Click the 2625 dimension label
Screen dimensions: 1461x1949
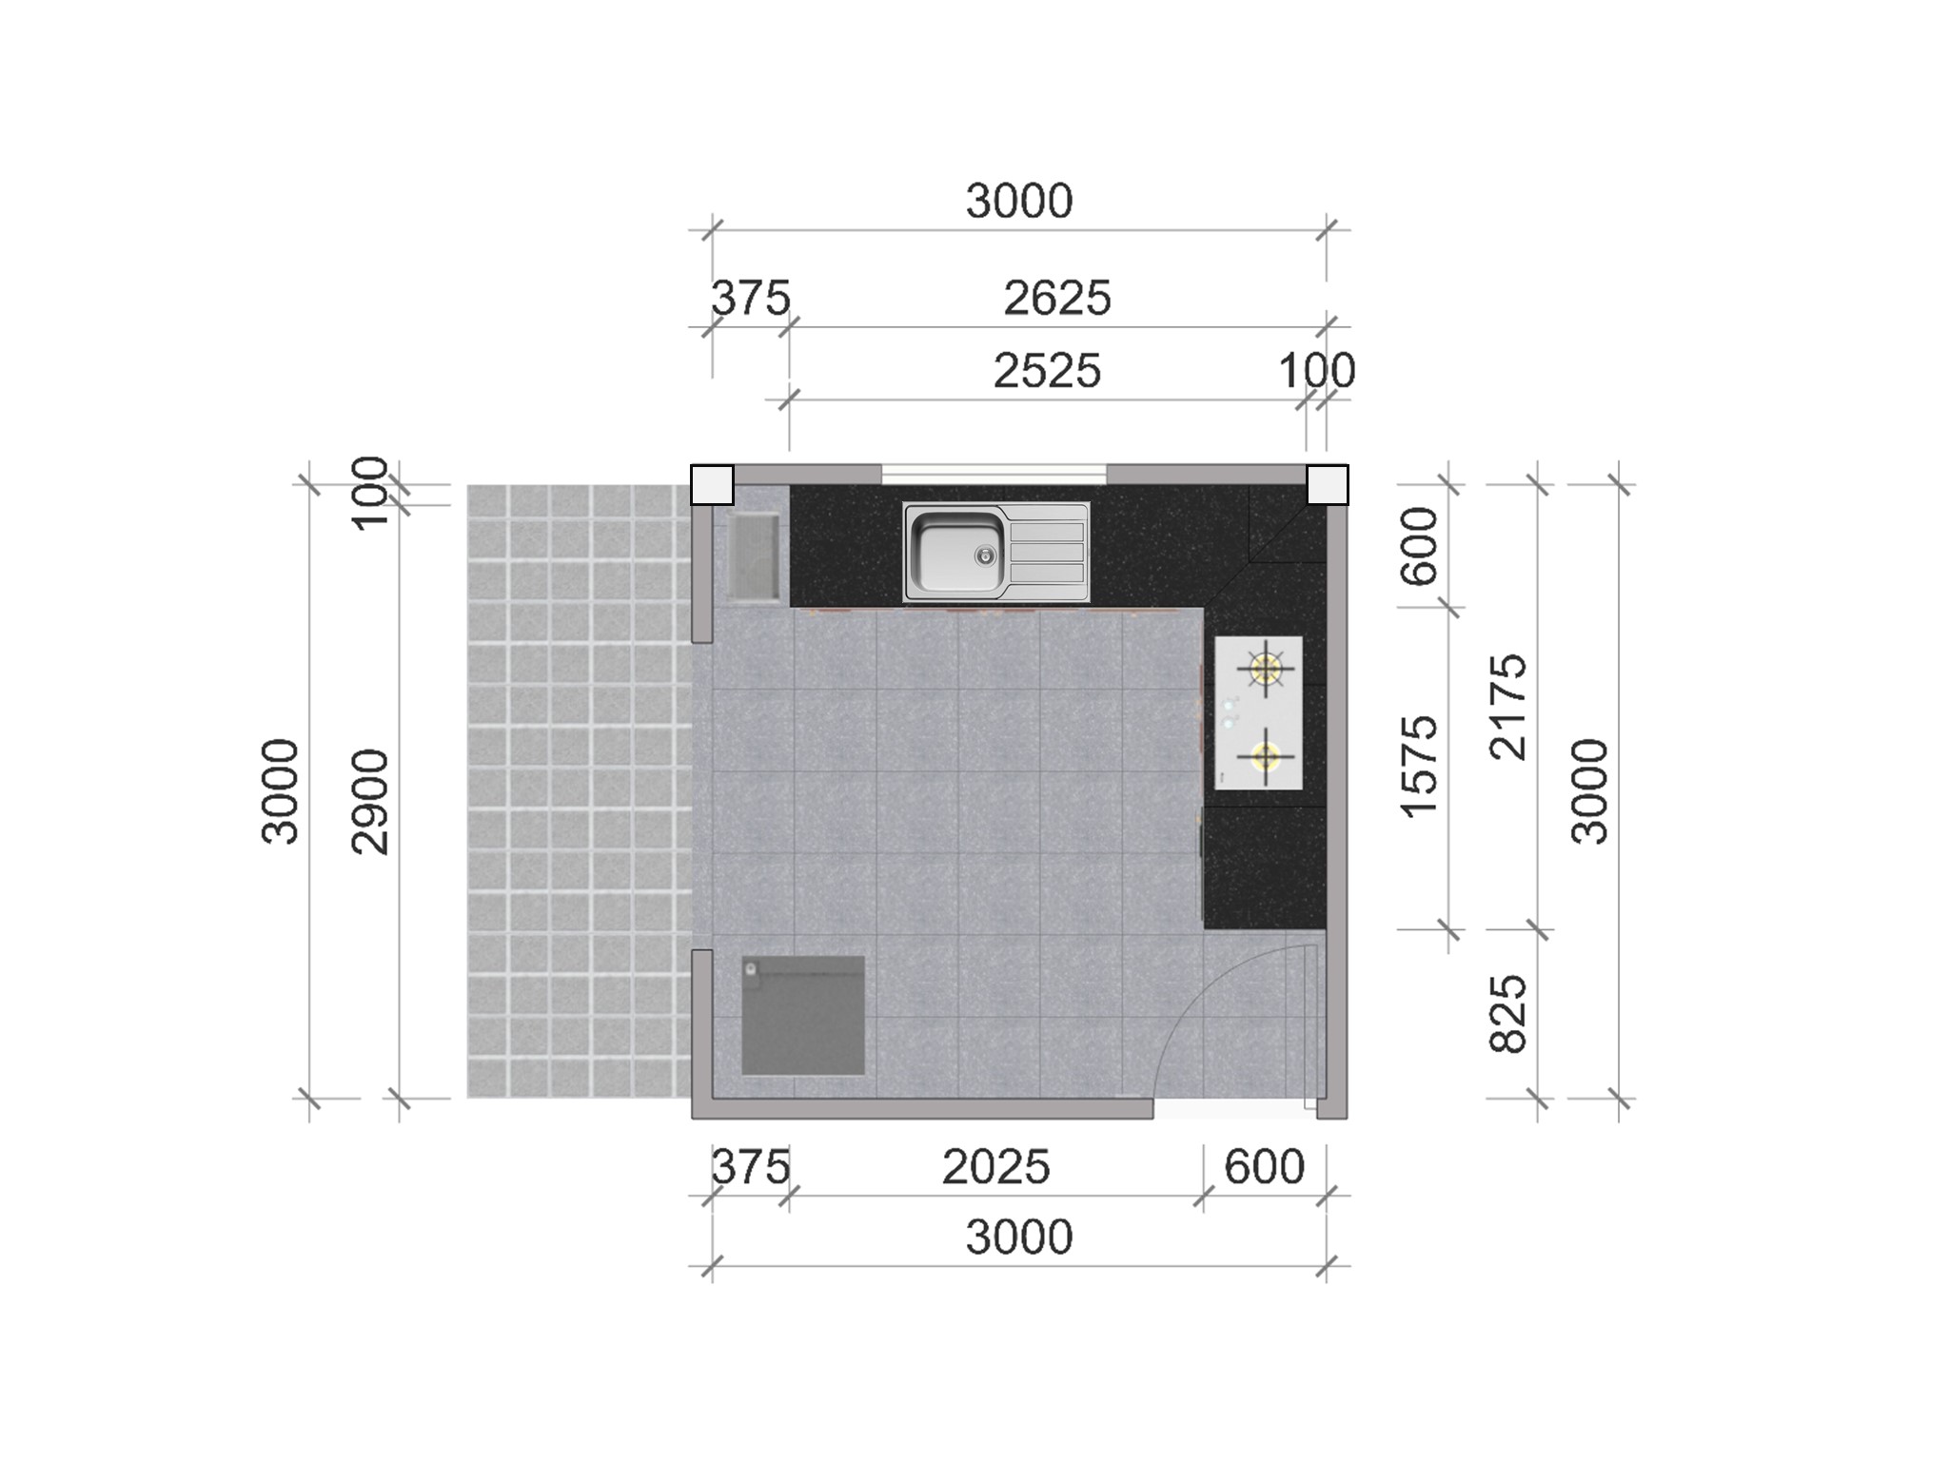pos(1056,299)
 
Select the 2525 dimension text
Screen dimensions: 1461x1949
pos(1047,371)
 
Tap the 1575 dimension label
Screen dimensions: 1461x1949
pos(1419,767)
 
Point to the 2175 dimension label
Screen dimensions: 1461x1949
pos(1508,706)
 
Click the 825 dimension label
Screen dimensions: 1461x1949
pos(1508,1014)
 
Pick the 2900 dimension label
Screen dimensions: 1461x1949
pos(371,802)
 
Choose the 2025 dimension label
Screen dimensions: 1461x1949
pos(995,1167)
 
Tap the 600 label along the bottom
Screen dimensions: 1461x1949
pos(1264,1167)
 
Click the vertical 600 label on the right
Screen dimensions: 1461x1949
pos(1419,546)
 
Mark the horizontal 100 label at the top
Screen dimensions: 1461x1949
pos(1317,371)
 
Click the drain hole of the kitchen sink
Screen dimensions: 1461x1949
pos(985,555)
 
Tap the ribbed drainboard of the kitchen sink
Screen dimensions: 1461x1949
pos(1047,553)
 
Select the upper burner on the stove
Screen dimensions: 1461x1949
pos(1266,668)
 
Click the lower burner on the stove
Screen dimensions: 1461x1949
pos(1265,757)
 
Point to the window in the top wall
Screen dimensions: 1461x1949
pos(994,473)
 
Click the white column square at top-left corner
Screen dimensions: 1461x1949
pos(712,485)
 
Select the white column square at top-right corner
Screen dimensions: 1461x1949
pos(1328,485)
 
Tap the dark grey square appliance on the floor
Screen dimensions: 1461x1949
pos(803,1016)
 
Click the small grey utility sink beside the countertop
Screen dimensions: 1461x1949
pos(754,555)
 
